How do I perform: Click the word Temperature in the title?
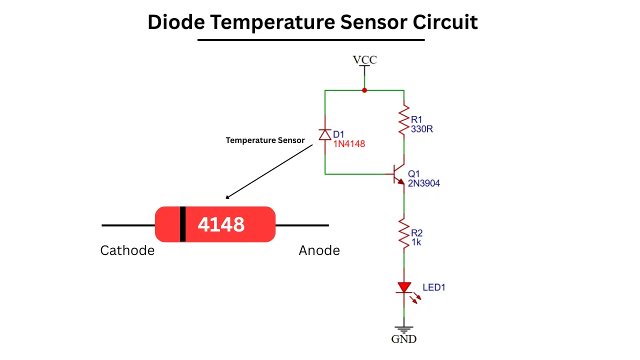[272, 22]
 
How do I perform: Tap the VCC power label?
[365, 60]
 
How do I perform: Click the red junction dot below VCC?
[364, 90]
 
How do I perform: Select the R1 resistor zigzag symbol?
[404, 120]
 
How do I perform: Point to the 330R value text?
[421, 129]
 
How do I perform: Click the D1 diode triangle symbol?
[325, 134]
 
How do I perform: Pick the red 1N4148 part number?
[349, 143]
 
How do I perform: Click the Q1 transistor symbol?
[397, 174]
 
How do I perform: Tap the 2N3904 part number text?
[423, 183]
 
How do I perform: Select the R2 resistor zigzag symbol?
[404, 233]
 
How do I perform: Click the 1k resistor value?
[416, 242]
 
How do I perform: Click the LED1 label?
[433, 287]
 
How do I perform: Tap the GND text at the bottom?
[403, 339]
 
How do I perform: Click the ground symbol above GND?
[404, 329]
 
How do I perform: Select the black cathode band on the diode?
[183, 224]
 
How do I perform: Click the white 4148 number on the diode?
[221, 224]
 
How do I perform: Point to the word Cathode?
[127, 250]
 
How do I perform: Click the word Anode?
[319, 250]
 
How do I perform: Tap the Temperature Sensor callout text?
[265, 140]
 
